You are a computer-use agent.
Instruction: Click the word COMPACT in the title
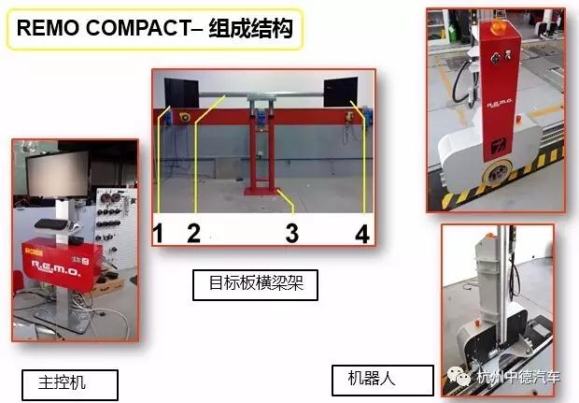(x=139, y=28)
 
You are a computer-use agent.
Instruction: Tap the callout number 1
(x=158, y=234)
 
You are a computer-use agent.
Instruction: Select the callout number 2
(x=194, y=234)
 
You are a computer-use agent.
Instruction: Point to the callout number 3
(x=292, y=234)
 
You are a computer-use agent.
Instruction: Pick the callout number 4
(x=362, y=234)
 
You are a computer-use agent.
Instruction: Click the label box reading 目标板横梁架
(x=255, y=284)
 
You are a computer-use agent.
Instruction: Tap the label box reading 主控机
(x=70, y=384)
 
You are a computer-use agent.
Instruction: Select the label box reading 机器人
(x=383, y=380)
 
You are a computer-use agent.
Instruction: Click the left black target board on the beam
(x=182, y=94)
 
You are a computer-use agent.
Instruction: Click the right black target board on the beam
(x=341, y=92)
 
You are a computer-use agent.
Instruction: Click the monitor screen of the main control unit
(x=58, y=174)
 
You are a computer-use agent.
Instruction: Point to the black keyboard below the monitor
(x=51, y=224)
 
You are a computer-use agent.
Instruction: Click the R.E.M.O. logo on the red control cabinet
(x=56, y=268)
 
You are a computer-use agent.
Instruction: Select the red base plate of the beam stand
(x=261, y=191)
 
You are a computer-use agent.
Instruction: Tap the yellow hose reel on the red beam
(x=184, y=118)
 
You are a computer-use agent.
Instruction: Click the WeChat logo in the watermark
(x=459, y=377)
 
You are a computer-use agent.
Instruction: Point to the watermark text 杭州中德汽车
(x=518, y=378)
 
